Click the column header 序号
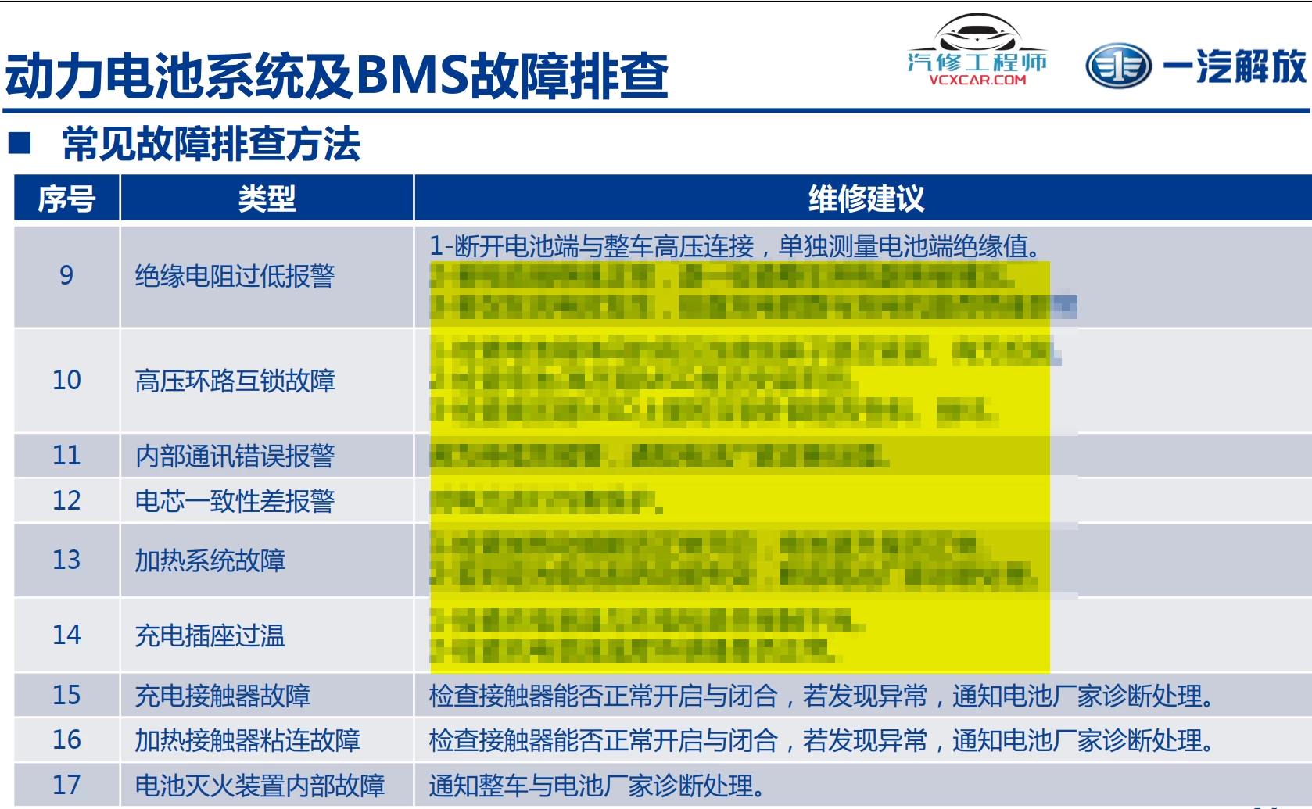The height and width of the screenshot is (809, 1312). [66, 199]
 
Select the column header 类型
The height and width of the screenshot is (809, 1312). [267, 199]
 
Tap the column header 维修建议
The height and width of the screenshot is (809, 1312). [866, 199]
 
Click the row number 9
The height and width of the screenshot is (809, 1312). [66, 275]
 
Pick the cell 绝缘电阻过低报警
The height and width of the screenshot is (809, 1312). [235, 276]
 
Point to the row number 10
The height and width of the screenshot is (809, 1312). [66, 380]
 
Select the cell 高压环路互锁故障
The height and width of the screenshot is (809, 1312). [235, 381]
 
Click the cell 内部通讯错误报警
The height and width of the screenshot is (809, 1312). [235, 456]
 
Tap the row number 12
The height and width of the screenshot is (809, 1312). [66, 500]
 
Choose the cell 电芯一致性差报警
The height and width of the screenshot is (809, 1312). [235, 501]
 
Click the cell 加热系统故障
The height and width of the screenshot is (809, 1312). [210, 560]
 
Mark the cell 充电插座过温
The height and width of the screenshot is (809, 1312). [210, 635]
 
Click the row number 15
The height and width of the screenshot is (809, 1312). [66, 695]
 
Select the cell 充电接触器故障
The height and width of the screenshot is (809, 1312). [222, 696]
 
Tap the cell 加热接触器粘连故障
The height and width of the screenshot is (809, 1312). [247, 740]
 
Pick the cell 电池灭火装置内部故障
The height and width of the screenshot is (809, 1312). [260, 786]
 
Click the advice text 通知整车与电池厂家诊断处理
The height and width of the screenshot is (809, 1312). [596, 786]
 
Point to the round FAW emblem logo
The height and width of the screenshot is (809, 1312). [1118, 66]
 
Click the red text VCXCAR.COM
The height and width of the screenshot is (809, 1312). [977, 80]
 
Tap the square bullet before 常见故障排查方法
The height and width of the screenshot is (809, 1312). [20, 142]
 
